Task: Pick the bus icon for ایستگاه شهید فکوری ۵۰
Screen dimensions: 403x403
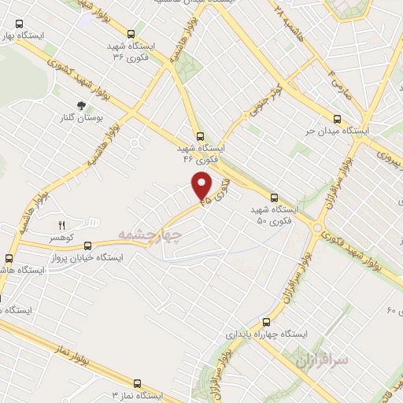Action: pos(274,198)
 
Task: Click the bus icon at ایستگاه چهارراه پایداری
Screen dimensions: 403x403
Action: pos(266,321)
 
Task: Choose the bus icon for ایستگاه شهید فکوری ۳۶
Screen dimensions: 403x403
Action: pos(130,34)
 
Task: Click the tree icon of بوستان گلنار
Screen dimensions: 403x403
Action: pos(81,105)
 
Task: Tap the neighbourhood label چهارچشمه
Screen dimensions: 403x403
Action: pos(150,235)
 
